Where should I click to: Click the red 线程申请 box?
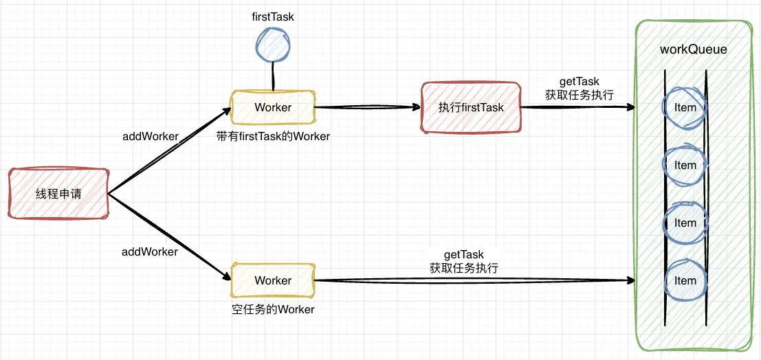[58, 194]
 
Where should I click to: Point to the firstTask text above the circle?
[273, 16]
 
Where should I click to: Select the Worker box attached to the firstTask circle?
[273, 107]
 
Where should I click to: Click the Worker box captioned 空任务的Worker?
[273, 280]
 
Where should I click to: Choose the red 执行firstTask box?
[471, 107]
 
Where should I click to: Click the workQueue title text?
[693, 49]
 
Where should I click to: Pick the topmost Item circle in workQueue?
[685, 107]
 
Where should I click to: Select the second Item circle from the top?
[685, 165]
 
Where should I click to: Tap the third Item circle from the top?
[685, 223]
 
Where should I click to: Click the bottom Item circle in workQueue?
[685, 280]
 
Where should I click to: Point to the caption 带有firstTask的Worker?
[273, 136]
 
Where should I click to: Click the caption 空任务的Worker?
[273, 309]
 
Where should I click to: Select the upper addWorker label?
[150, 136]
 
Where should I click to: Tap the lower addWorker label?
[150, 251]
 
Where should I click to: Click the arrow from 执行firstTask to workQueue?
[577, 108]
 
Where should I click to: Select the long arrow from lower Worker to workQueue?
[474, 280]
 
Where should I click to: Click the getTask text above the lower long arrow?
[464, 255]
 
